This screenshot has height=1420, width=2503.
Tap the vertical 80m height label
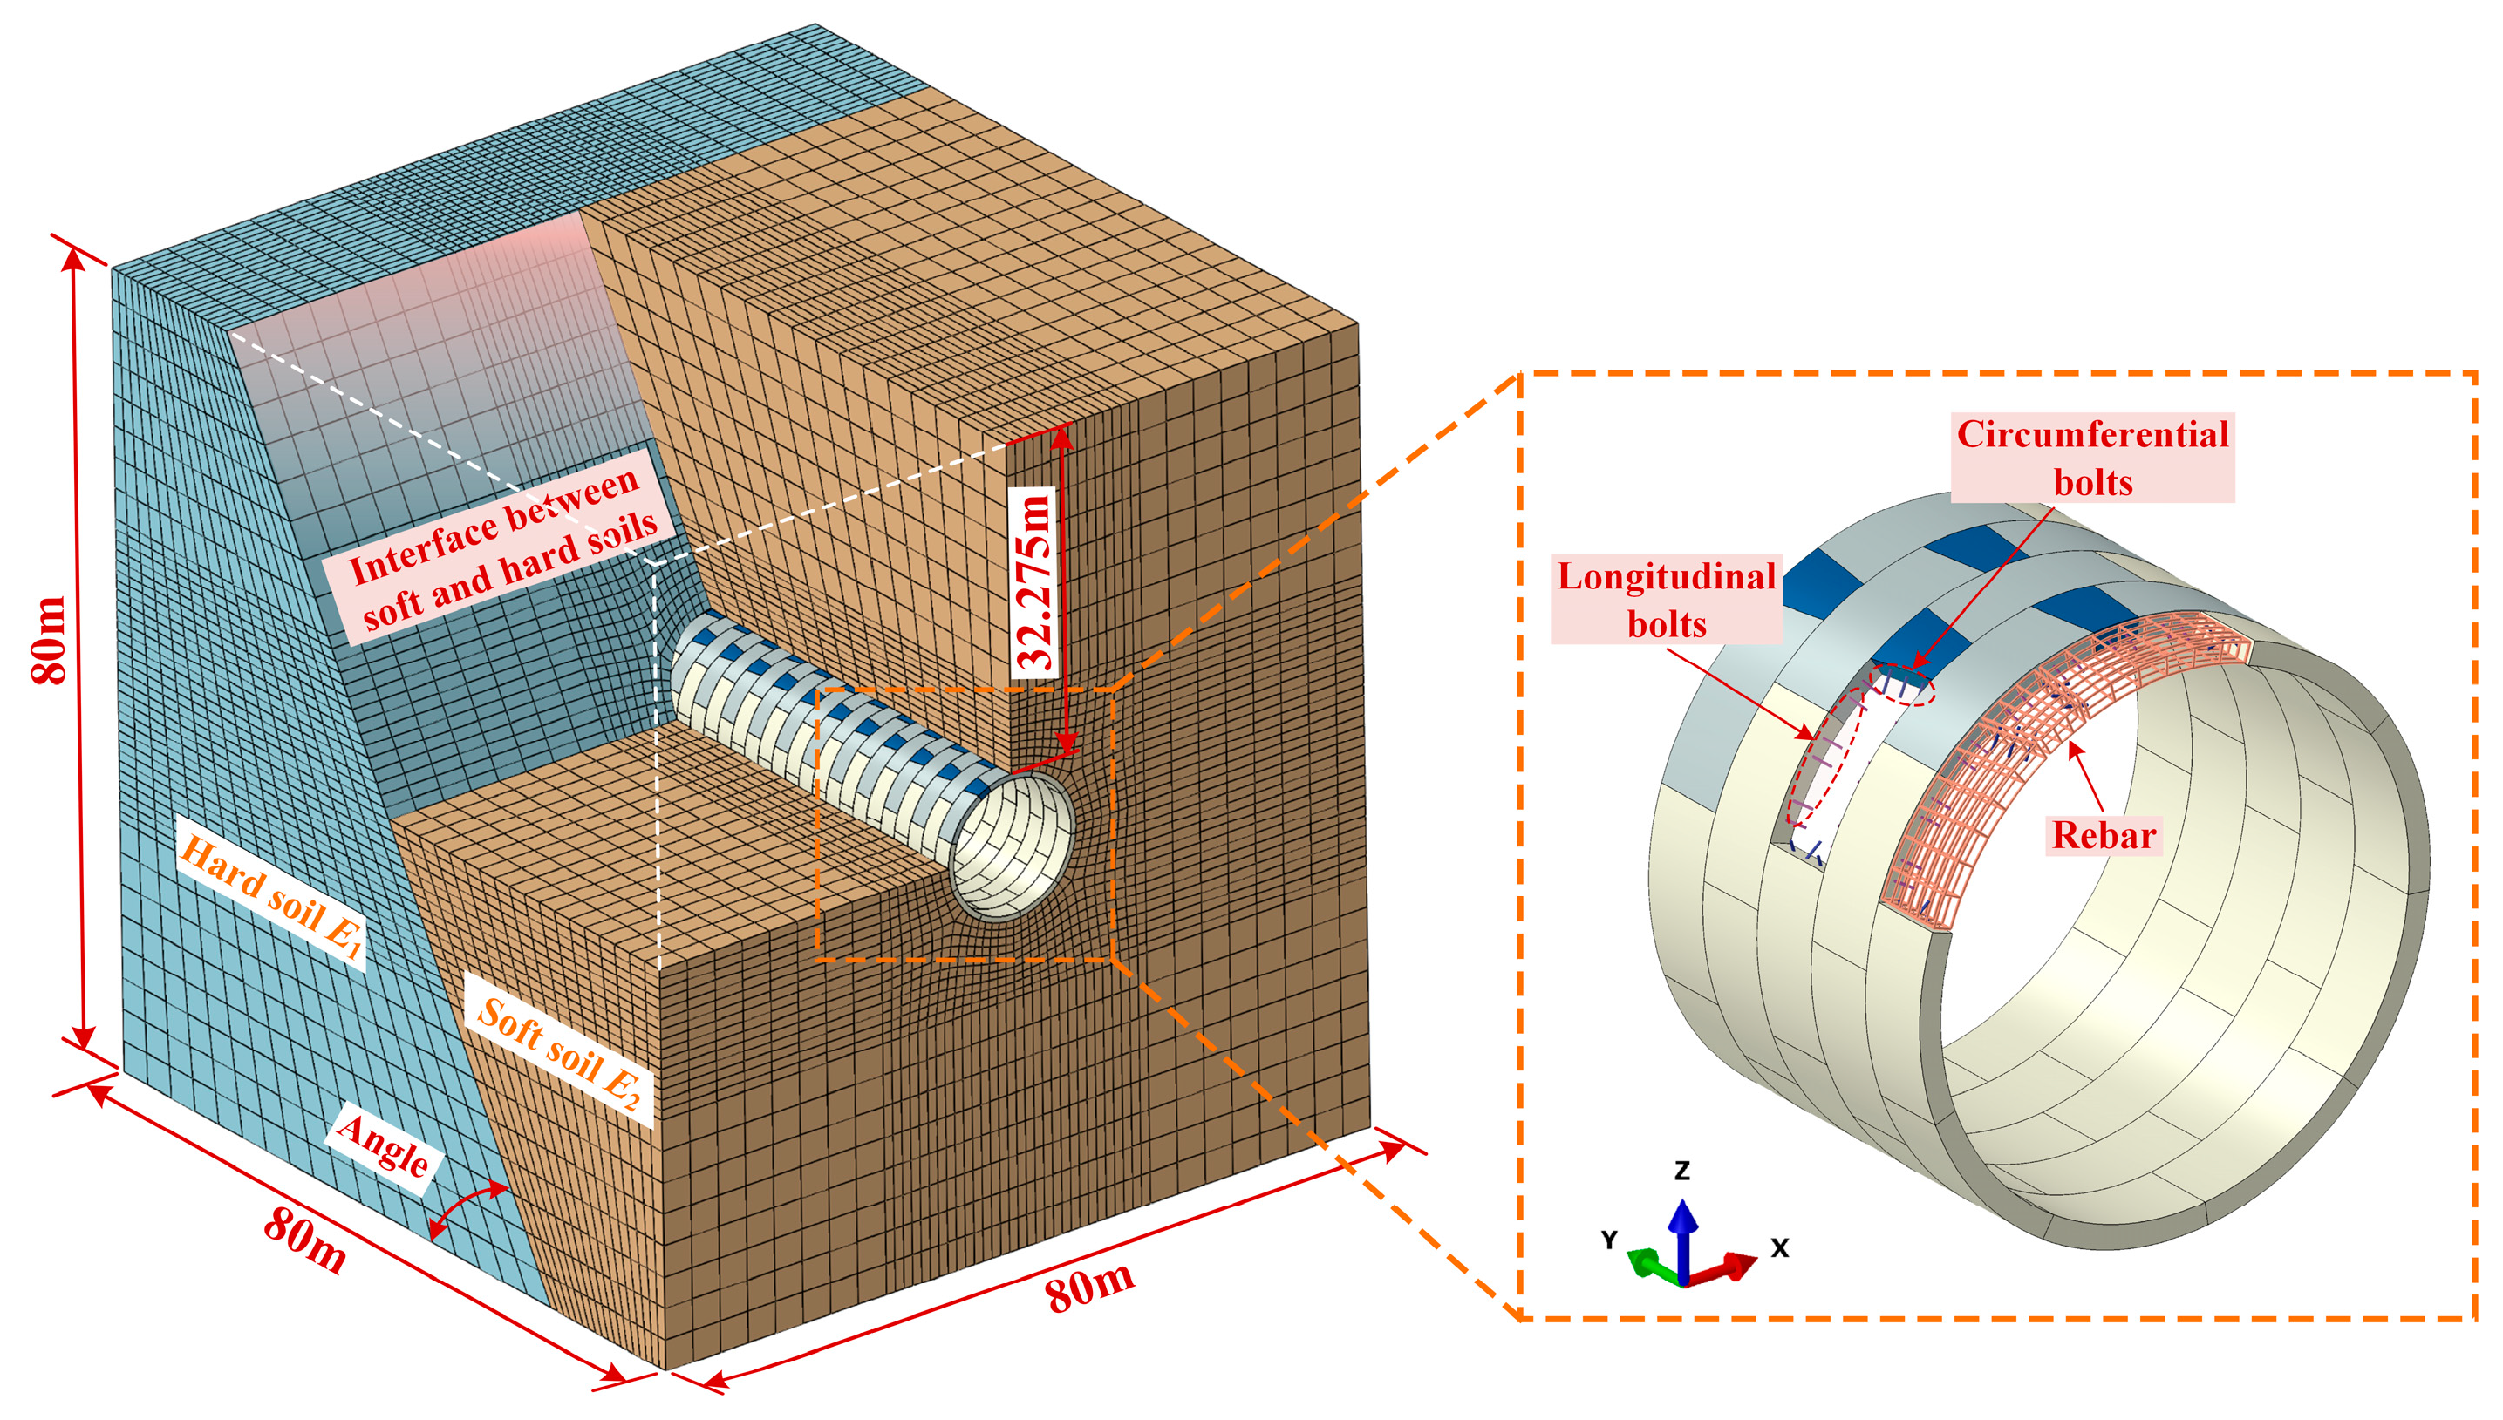click(x=49, y=640)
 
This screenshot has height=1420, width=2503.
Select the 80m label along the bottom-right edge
click(x=1089, y=1286)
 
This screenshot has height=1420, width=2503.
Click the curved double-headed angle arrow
click(x=467, y=1209)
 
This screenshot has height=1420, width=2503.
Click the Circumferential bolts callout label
click(x=2092, y=458)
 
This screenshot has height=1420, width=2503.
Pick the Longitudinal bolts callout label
click(x=1666, y=599)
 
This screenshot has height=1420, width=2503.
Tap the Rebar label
click(x=2103, y=835)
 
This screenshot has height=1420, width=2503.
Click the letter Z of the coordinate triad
click(x=1681, y=1171)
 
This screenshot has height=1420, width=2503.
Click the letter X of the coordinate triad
click(x=1779, y=1247)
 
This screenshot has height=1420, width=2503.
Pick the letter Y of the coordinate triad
click(x=1609, y=1240)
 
